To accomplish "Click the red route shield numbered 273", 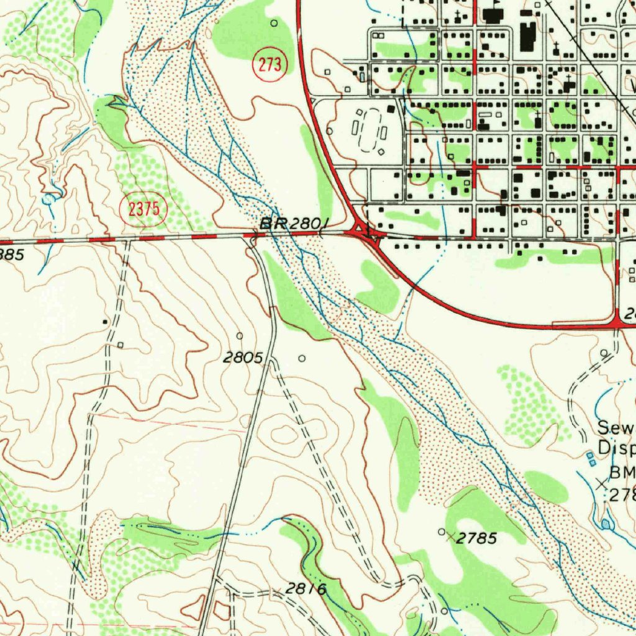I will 270,65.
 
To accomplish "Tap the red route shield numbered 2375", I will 144,209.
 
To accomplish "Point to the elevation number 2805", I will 244,358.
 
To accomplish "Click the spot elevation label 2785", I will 476,538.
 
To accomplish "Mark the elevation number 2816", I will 306,588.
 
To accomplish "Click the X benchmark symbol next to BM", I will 601,483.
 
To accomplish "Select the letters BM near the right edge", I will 622,472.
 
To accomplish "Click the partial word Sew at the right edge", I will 616,427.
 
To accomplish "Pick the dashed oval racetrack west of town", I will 370,130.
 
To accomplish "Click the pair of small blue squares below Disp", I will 591,458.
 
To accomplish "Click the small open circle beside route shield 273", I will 275,23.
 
